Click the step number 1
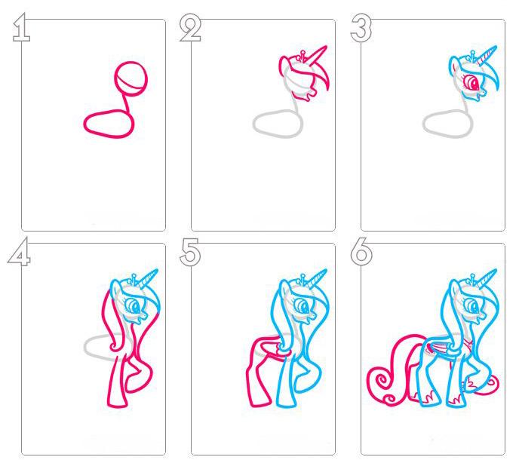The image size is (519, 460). pyautogui.click(x=22, y=28)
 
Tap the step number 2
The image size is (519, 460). pyautogui.click(x=190, y=29)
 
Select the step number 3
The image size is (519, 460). pyautogui.click(x=361, y=28)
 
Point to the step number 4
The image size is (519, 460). pyautogui.click(x=19, y=252)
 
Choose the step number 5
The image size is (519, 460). pyautogui.click(x=190, y=252)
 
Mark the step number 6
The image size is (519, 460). pyautogui.click(x=361, y=252)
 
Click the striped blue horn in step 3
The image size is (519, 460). pyautogui.click(x=487, y=54)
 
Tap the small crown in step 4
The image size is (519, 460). pyautogui.click(x=134, y=279)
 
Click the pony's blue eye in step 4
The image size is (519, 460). pyautogui.click(x=135, y=306)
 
